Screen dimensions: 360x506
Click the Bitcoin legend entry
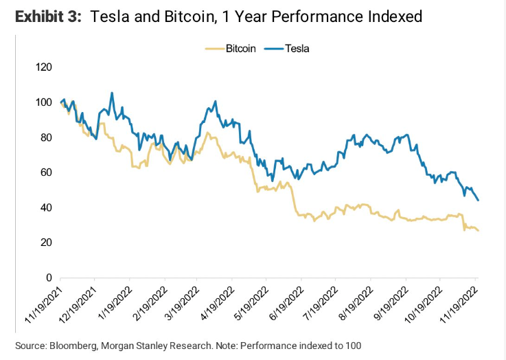(x=240, y=49)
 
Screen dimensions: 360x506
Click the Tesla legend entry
(x=298, y=49)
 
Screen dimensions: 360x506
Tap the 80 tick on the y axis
(x=45, y=137)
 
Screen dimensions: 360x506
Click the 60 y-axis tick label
(x=45, y=172)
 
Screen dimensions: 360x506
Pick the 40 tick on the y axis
(x=45, y=207)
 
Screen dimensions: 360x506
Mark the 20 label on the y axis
(x=45, y=243)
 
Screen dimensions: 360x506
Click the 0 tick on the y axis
(x=48, y=278)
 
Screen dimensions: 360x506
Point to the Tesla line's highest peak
(x=112, y=93)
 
